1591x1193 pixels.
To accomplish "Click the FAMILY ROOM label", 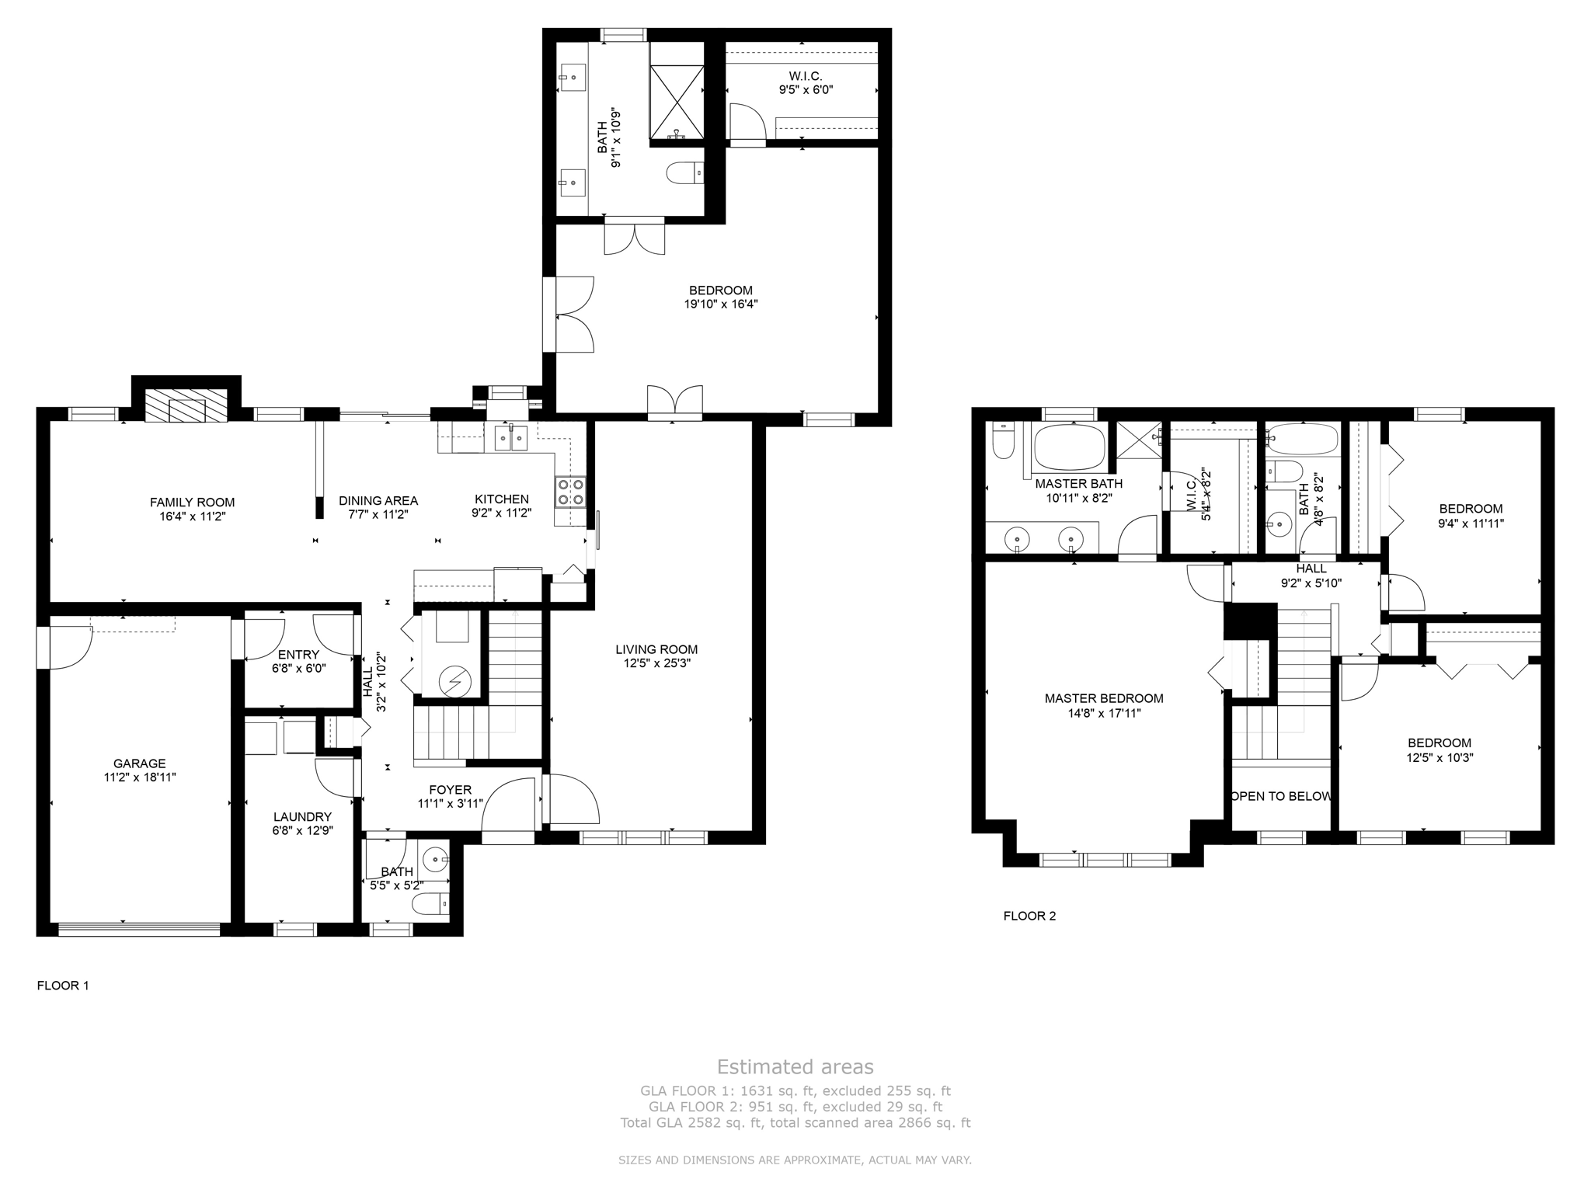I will [x=192, y=503].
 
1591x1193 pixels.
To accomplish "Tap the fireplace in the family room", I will [x=186, y=405].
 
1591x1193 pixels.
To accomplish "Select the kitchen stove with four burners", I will [x=569, y=492].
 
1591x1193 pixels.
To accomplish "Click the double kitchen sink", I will [x=511, y=439].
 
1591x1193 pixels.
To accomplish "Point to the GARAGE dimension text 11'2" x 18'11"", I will [x=140, y=777].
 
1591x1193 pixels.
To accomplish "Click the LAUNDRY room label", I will [x=302, y=817].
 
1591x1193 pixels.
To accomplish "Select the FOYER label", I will [x=450, y=790].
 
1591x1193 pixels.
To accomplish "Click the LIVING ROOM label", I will [x=656, y=649].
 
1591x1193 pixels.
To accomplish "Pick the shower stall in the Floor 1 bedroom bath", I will [x=677, y=103].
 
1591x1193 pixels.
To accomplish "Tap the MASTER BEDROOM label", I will [x=1103, y=698].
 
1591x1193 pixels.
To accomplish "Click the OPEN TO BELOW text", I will [x=1281, y=796].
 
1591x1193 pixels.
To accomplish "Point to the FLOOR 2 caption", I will [x=1029, y=916].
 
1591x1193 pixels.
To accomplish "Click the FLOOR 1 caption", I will [x=63, y=986].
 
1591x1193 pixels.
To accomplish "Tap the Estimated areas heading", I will [x=795, y=1066].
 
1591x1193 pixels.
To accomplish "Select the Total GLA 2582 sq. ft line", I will [x=795, y=1122].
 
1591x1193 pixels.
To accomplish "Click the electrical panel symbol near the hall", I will [x=454, y=682].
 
